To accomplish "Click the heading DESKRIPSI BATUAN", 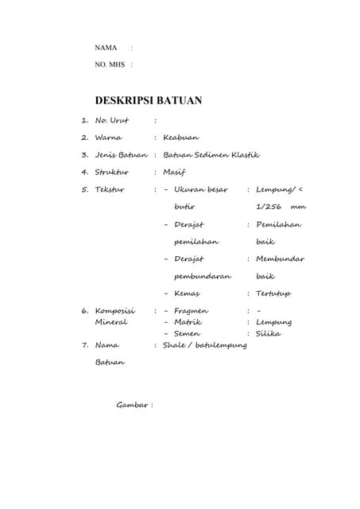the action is pos(148,101).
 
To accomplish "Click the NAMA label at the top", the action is pos(106,49).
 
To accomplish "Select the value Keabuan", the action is pos(180,138).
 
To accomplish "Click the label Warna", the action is pos(108,138).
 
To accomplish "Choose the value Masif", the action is pos(173,172).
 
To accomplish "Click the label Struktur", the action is pos(111,172).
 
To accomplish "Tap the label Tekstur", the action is pos(110,189).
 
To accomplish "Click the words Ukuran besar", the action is pos(201,189).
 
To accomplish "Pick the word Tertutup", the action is pos(273,293).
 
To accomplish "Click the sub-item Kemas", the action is pos(187,293).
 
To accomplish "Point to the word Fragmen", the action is pos(191,311).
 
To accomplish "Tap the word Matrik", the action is pos(188,322).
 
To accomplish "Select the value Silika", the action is pos(269,333).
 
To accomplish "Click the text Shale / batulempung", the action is pos(204,345).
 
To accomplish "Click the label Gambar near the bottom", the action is pos(132,405).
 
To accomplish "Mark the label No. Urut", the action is pos(112,120).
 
